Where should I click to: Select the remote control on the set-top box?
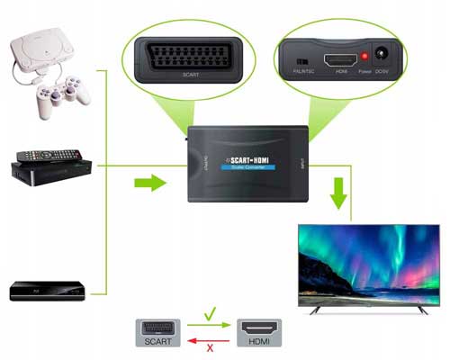40,151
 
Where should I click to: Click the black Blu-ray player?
47,291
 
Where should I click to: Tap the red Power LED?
364,57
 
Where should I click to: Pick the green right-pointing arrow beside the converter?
148,184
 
